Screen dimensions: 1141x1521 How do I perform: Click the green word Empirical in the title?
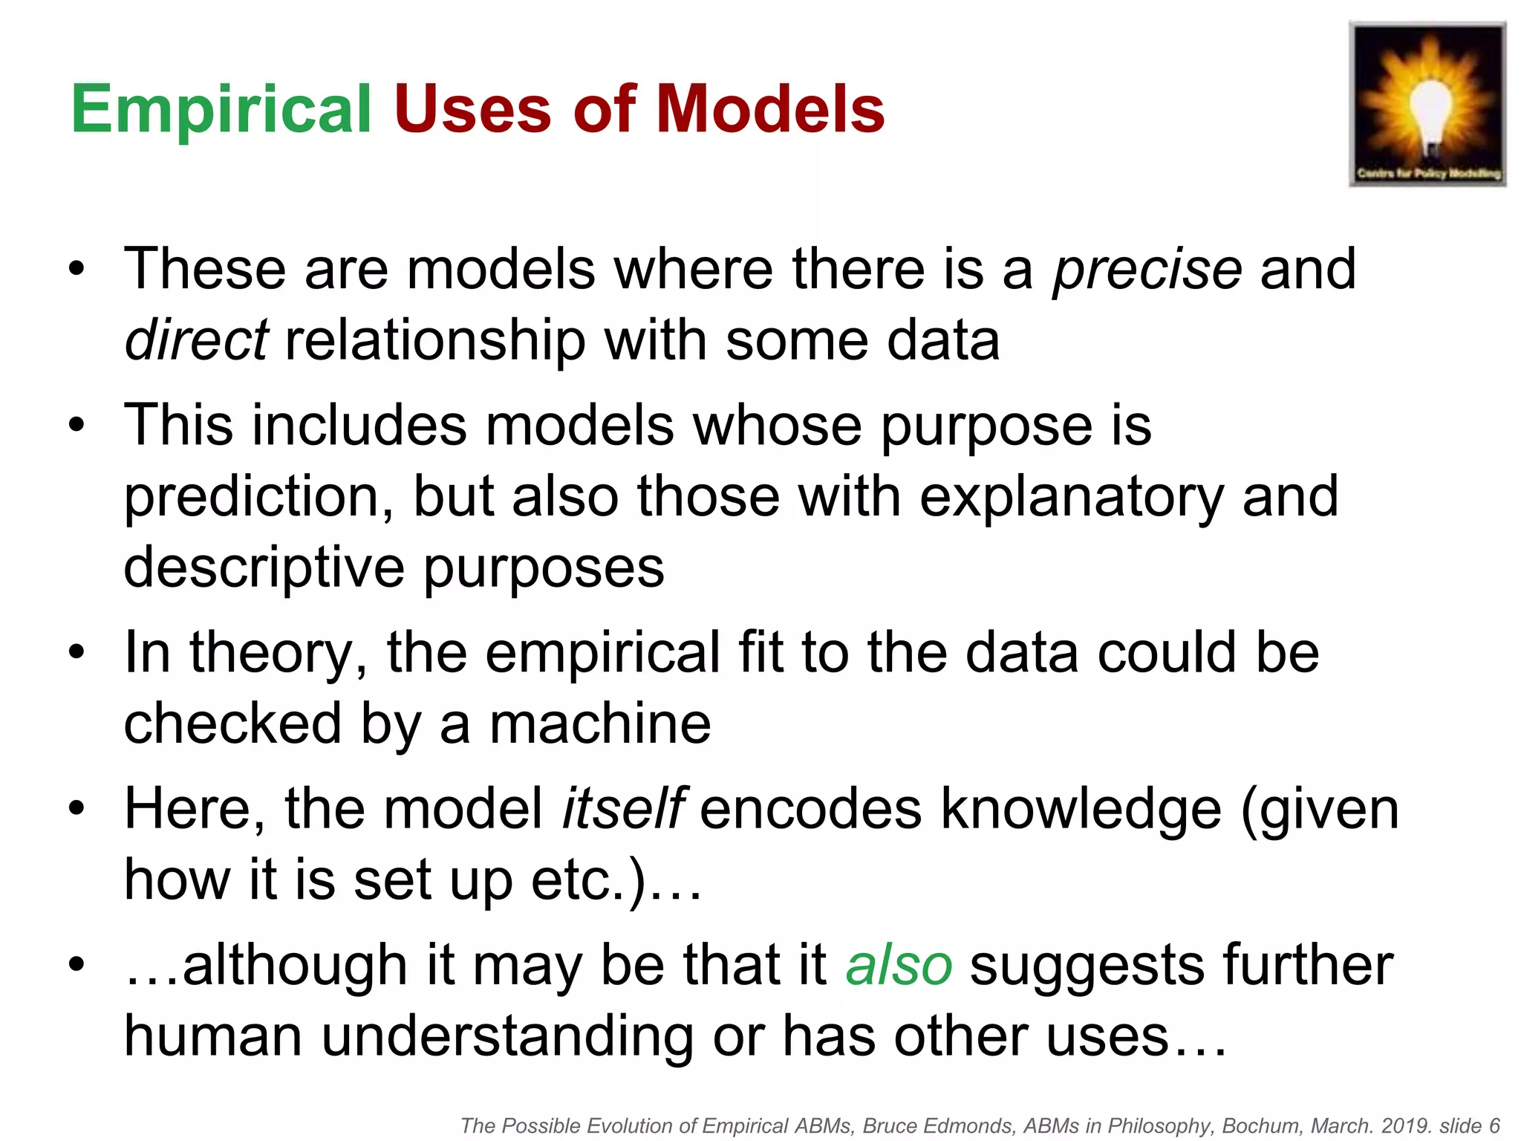click(x=221, y=109)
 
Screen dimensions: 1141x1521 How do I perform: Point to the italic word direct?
click(x=196, y=340)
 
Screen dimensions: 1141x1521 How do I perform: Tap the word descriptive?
click(x=264, y=568)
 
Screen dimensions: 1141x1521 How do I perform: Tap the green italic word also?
click(x=899, y=966)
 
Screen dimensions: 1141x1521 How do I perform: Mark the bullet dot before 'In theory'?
click(x=76, y=652)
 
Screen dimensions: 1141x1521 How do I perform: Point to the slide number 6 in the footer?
click(x=1494, y=1126)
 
